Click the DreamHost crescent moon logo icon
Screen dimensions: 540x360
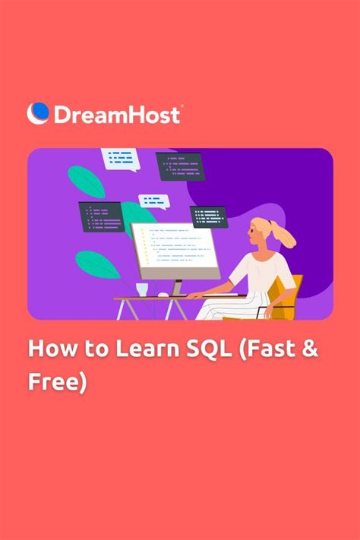coord(38,113)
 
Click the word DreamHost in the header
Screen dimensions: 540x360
coord(116,114)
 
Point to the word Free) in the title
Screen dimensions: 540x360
coord(57,381)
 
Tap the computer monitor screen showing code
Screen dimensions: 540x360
coord(174,249)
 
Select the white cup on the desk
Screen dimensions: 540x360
coord(142,289)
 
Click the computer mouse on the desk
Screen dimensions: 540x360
coord(163,294)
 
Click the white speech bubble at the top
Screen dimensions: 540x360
coord(120,158)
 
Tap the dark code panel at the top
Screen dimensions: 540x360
coord(180,166)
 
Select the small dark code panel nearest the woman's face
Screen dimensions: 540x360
coord(208,216)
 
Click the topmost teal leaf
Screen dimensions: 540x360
coord(87,181)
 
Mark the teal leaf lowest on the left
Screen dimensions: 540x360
coord(97,264)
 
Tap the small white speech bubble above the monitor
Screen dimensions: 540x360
coord(153,201)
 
